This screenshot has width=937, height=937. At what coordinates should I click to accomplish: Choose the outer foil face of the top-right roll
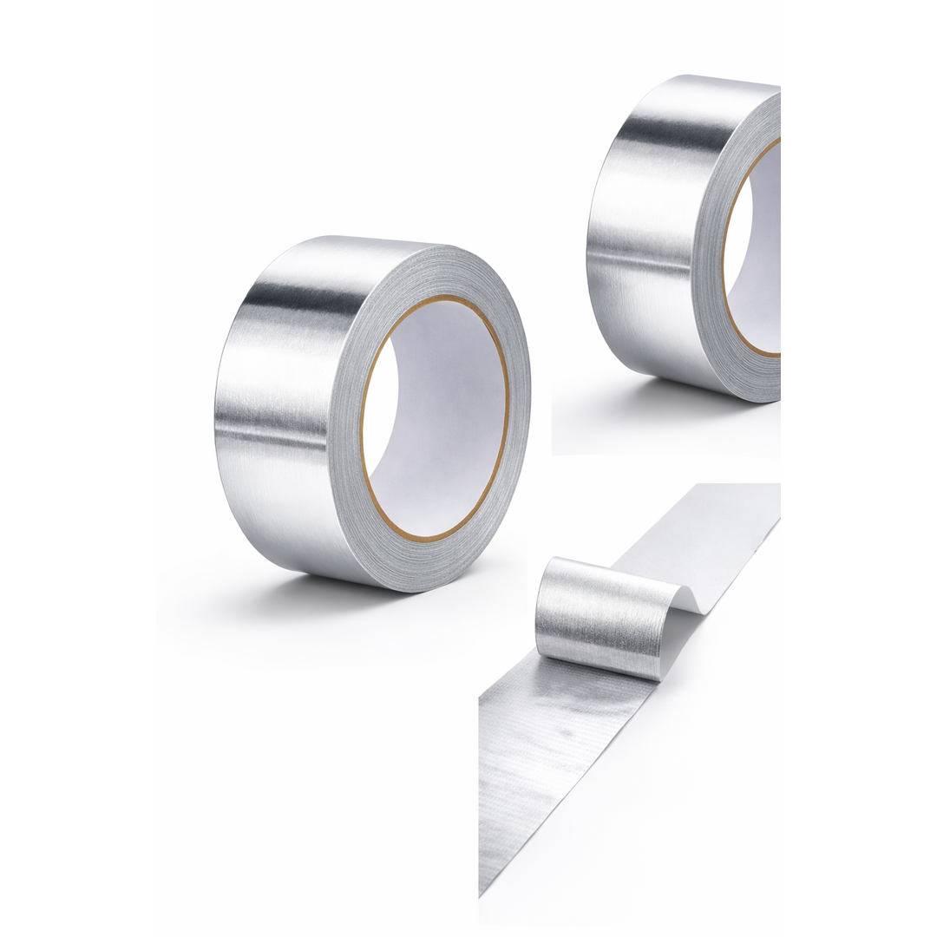point(642,234)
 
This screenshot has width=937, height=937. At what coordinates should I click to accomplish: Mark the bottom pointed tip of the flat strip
point(482,889)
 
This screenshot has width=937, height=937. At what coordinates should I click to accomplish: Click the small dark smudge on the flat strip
point(566,731)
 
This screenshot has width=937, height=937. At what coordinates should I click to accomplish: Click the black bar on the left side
point(78,468)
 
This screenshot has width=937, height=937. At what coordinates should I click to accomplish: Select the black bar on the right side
point(859,468)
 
